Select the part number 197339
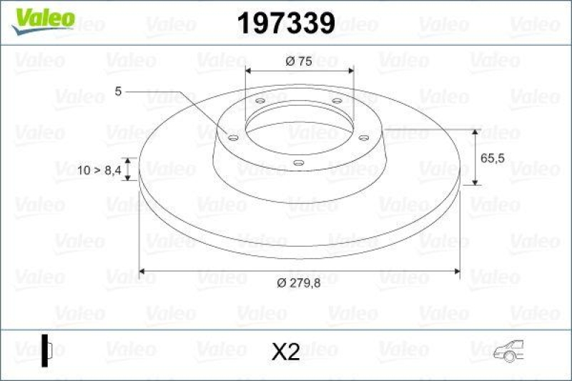(x=285, y=24)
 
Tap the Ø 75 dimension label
(x=299, y=62)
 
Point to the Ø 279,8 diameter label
(x=298, y=283)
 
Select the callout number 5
(x=118, y=91)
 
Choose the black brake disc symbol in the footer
(x=47, y=350)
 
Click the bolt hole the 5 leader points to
(x=232, y=137)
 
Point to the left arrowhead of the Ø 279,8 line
(x=142, y=271)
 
